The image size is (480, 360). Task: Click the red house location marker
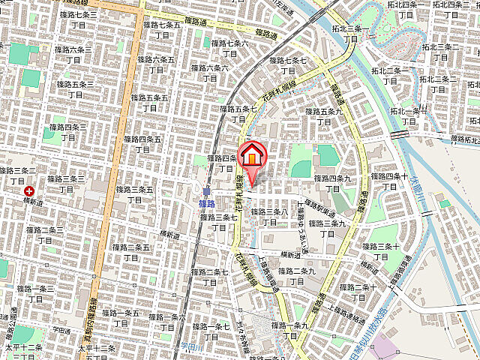tap(252, 157)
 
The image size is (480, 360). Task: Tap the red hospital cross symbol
tap(28, 192)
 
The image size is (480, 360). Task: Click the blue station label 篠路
tap(208, 203)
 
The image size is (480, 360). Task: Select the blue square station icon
tap(206, 191)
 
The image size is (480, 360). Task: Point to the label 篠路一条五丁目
tap(121, 317)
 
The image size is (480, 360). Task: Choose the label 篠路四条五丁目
tap(142, 142)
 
